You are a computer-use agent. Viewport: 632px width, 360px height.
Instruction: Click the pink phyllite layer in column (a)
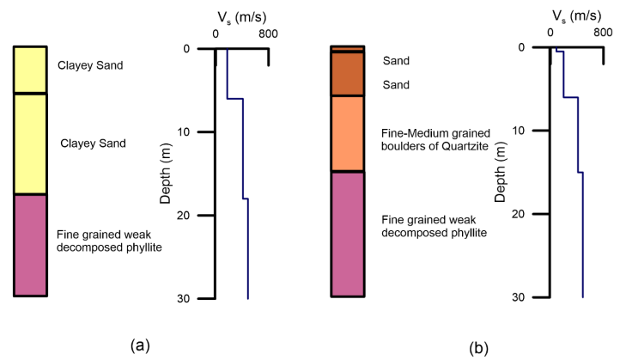tap(30, 245)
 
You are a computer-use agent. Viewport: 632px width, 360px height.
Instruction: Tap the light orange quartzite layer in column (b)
tap(349, 134)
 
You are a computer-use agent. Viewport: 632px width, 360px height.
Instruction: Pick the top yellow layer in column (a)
tap(30, 70)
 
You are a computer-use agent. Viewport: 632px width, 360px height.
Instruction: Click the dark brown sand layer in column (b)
tap(349, 74)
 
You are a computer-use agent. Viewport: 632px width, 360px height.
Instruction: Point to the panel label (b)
tap(479, 349)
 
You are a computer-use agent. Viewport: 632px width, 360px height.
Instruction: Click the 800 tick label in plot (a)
tap(268, 34)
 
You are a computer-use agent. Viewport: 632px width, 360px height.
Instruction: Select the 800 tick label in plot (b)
tap(603, 33)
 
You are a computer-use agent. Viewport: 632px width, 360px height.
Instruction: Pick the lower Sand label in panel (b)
tap(396, 85)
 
